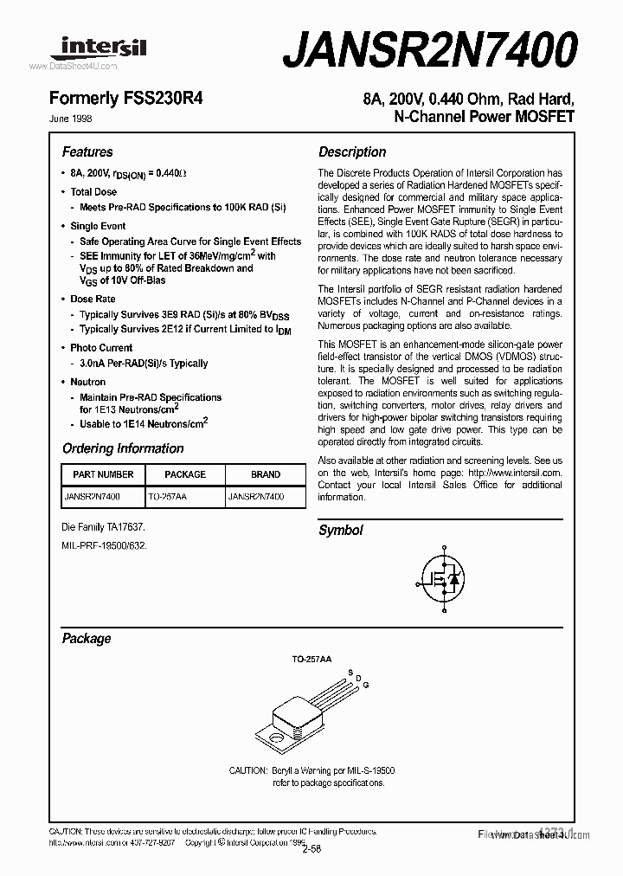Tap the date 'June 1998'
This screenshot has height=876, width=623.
tap(77, 119)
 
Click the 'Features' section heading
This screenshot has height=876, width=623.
tap(87, 152)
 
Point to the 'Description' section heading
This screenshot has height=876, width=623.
tap(352, 152)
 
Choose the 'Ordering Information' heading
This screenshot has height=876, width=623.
tap(123, 448)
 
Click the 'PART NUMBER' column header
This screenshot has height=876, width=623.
tap(103, 474)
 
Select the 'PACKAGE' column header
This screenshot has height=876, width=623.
tap(185, 474)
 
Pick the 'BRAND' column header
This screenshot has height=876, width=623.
tap(266, 474)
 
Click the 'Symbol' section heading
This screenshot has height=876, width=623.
tap(341, 531)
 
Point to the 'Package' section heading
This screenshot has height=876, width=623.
tap(87, 639)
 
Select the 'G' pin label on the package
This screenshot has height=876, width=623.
tap(366, 685)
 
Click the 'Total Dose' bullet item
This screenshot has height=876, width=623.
tap(93, 192)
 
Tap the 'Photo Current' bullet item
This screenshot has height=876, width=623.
tap(101, 348)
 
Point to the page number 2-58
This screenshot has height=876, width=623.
tap(311, 849)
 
